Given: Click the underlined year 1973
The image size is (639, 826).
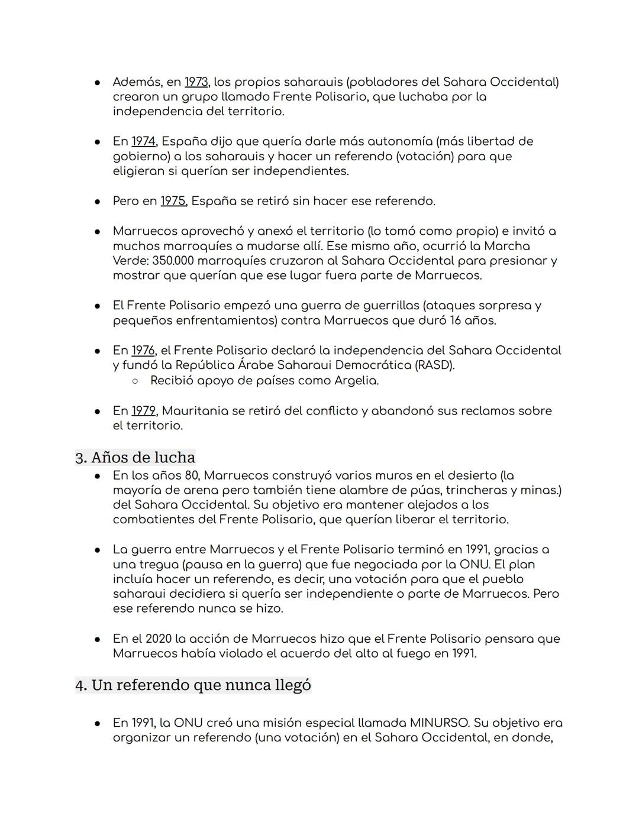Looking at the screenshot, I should coord(196,82).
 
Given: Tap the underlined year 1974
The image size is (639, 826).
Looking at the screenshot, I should coord(143,142).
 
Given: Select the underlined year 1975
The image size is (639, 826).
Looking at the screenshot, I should coord(173,202).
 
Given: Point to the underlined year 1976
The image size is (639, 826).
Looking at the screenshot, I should coord(143,351).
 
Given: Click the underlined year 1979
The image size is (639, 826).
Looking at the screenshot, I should coord(143,411).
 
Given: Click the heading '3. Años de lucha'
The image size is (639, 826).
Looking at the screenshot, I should coord(135,458).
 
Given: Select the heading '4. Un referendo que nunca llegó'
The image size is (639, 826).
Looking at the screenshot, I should coord(193,685).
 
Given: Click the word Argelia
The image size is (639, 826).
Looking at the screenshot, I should coord(356,381).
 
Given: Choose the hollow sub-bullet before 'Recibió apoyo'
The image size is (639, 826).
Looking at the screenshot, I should coord(135,381).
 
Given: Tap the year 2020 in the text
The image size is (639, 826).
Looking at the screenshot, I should coord(158,639).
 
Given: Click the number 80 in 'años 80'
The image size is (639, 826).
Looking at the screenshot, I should coord(191,476).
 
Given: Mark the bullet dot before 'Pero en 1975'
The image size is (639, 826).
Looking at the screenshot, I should coord(96,202).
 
